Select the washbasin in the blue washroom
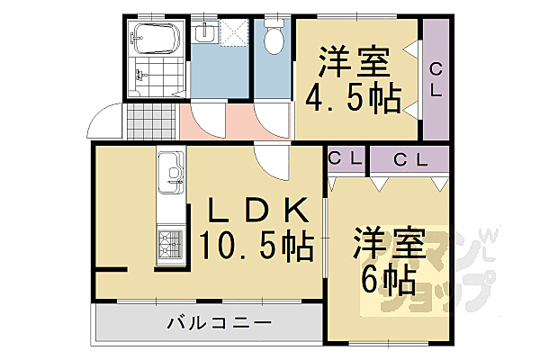point(205,34)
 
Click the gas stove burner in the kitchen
point(170,241)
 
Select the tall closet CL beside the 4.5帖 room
point(436,79)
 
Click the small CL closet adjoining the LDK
point(345,159)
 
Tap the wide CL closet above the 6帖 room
point(409,159)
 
